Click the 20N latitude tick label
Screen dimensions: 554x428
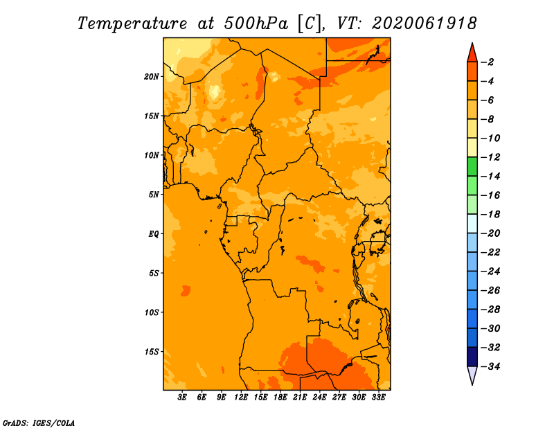(x=152, y=77)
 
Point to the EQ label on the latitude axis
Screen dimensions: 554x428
(x=153, y=234)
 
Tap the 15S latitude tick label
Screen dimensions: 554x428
(x=152, y=352)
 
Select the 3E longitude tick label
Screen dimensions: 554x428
(x=182, y=397)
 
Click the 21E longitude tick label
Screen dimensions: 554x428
(x=300, y=397)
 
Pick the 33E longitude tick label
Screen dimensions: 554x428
(x=378, y=397)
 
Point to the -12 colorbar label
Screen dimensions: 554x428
(x=491, y=157)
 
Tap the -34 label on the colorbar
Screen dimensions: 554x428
(x=491, y=366)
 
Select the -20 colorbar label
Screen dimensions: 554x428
(x=491, y=233)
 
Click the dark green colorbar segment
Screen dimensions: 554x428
(x=472, y=166)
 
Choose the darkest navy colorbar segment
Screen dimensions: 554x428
(x=472, y=357)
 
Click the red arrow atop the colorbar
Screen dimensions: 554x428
(x=472, y=54)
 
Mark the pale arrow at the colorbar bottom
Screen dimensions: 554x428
(x=472, y=375)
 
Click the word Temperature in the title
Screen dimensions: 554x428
(x=132, y=24)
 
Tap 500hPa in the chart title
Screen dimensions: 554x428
(x=256, y=24)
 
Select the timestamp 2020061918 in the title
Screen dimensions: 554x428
(x=425, y=24)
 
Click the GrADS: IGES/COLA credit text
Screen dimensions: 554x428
(x=39, y=423)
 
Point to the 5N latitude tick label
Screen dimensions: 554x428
(x=154, y=195)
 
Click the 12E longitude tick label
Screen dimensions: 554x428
(x=241, y=397)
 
